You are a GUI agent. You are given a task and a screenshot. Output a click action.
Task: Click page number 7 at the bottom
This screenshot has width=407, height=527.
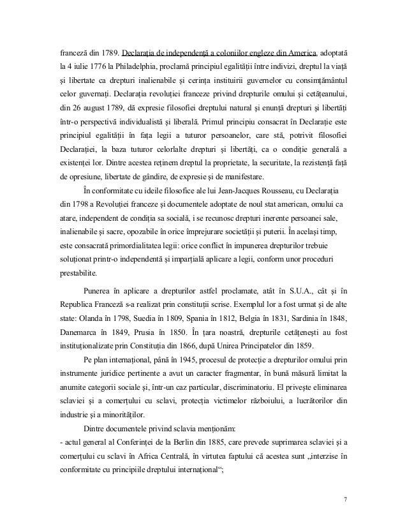(x=345, y=499)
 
